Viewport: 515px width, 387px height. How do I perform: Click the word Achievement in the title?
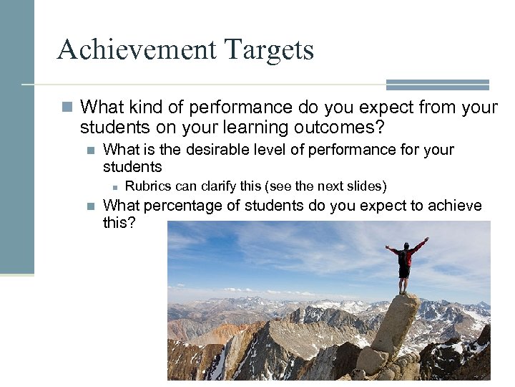(136, 50)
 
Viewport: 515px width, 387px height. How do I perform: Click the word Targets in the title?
(269, 50)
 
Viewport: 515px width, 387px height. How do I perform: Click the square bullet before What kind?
(67, 107)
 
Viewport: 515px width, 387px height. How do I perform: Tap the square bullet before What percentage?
(90, 206)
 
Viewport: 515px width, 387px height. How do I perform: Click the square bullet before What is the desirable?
(90, 150)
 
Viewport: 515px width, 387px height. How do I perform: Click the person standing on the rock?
(406, 264)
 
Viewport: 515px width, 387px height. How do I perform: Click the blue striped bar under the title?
(437, 85)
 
